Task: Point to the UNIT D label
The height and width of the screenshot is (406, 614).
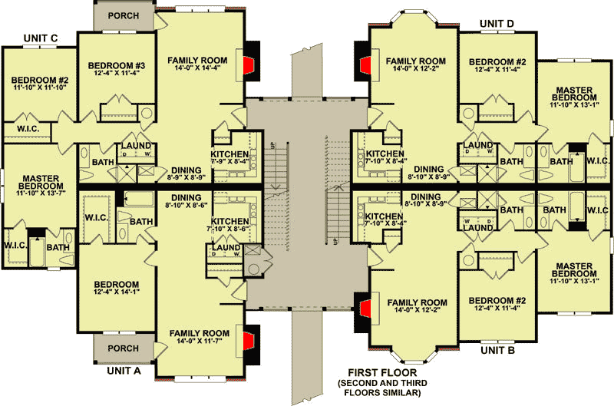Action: [497, 24]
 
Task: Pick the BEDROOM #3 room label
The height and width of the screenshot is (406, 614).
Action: [116, 64]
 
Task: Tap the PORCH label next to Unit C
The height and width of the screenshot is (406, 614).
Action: [124, 15]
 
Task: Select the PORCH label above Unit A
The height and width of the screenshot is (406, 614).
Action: [123, 348]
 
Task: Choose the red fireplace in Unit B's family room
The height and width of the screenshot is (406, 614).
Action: [366, 311]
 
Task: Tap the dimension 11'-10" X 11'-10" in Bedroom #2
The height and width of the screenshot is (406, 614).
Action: [39, 88]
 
